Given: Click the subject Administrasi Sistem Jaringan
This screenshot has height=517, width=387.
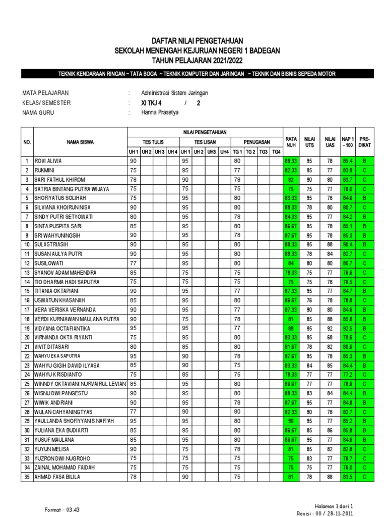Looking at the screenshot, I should [175, 93].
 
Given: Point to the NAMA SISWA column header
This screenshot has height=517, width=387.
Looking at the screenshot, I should [79, 142].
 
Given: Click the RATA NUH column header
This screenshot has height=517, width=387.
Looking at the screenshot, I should [291, 142].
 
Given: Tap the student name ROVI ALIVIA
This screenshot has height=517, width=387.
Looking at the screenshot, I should [48, 161].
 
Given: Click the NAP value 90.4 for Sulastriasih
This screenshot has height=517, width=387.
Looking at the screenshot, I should [347, 244].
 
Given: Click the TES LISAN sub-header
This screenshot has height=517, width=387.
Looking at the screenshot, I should [205, 142].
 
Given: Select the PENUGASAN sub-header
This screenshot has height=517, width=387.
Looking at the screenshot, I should [256, 142].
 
